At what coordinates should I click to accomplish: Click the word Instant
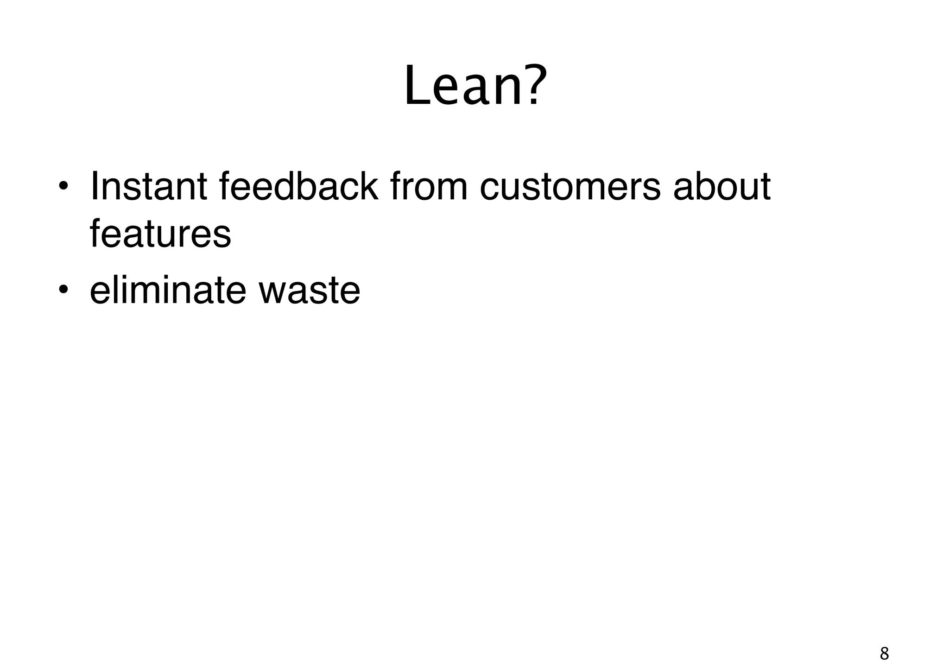(148, 187)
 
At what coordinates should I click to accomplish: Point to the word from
(429, 187)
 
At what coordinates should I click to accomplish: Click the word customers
(569, 188)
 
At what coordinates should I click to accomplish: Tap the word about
(721, 187)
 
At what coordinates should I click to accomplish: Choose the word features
(160, 234)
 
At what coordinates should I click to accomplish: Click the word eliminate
(167, 290)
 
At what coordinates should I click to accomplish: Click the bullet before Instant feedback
(63, 188)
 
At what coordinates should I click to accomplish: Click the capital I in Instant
(94, 187)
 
